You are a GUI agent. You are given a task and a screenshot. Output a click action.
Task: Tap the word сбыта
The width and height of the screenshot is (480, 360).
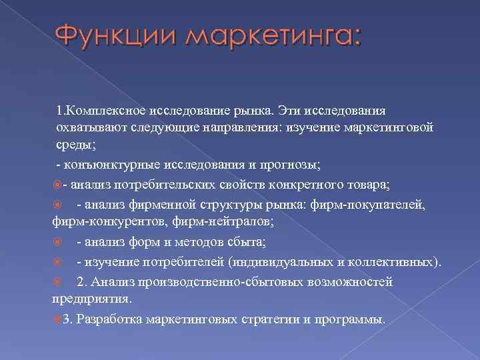pos(249,243)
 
